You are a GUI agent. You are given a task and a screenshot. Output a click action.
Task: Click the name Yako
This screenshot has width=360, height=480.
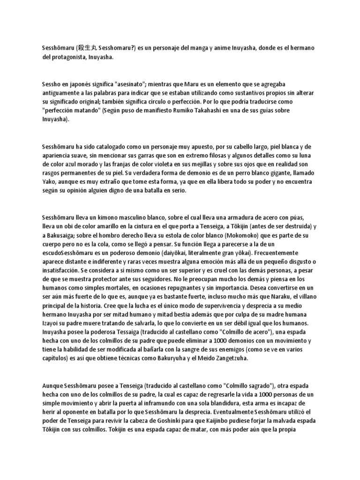[48, 182]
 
